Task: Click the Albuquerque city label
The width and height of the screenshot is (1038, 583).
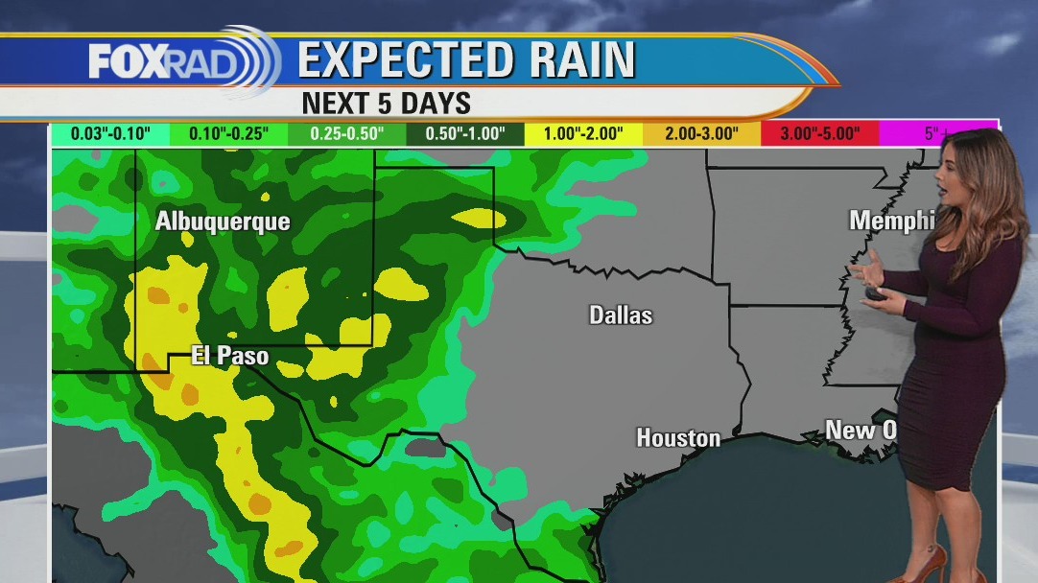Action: [223, 222]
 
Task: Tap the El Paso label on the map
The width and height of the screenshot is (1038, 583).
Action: [230, 356]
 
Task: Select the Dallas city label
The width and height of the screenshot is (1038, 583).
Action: [621, 315]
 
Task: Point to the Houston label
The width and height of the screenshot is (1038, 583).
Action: [678, 438]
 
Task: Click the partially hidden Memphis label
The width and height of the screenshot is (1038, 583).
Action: [891, 221]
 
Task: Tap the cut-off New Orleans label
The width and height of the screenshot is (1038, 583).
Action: [861, 431]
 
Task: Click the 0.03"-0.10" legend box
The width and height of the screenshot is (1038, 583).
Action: [110, 134]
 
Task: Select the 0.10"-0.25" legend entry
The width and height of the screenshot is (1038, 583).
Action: [228, 134]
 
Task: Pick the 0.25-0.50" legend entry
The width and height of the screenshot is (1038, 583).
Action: [346, 134]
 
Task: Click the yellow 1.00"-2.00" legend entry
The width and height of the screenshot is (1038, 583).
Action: [583, 134]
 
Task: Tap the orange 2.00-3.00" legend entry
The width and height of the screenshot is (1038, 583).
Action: [701, 134]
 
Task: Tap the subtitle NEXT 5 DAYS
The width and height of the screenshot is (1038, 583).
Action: [386, 103]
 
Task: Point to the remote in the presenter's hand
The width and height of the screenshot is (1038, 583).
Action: [876, 296]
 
